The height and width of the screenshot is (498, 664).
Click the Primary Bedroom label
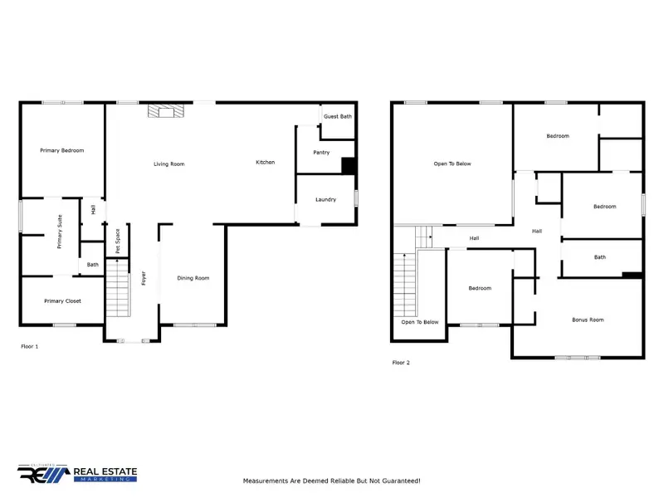pos(62,150)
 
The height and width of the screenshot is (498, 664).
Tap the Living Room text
pos(168,164)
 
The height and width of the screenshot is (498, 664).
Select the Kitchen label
pos(265,162)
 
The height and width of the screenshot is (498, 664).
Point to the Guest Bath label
pos(337,116)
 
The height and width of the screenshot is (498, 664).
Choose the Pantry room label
pos(321,153)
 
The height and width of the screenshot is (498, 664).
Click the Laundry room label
pos(325,199)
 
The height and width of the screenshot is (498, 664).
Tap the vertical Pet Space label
pos(118,241)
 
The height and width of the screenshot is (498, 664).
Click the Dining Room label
pos(193,278)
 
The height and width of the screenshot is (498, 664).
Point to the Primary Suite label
pos(60,232)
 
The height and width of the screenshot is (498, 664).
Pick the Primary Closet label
pos(62,300)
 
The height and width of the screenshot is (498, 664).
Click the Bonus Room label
pos(587,320)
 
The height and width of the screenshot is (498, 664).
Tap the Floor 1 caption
pos(30,346)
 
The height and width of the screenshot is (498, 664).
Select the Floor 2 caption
pos(401,363)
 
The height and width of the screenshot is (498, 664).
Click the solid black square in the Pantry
pos(349,165)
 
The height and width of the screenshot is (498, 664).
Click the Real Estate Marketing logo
pos(78,474)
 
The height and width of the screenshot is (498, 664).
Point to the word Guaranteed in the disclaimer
pos(397,481)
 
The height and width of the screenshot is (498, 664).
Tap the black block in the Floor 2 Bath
pos(632,276)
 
